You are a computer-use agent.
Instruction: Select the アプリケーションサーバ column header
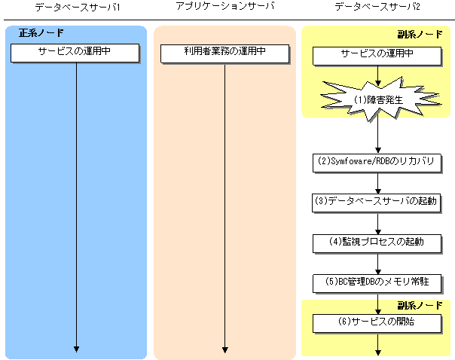pyautogui.click(x=224, y=7)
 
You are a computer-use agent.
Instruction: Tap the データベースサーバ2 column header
pyautogui.click(x=377, y=7)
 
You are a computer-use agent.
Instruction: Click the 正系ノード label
pyautogui.click(x=41, y=34)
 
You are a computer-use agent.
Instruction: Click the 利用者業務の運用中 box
pyautogui.click(x=224, y=53)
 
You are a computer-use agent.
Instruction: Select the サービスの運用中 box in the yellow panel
pyautogui.click(x=377, y=55)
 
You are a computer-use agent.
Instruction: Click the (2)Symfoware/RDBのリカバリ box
pyautogui.click(x=377, y=162)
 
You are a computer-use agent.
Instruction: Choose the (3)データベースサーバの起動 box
pyautogui.click(x=377, y=202)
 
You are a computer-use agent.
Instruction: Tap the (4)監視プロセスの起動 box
pyautogui.click(x=377, y=242)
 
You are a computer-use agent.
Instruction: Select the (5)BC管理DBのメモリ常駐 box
pyautogui.click(x=377, y=282)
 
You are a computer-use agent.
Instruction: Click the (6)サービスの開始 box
pyautogui.click(x=377, y=322)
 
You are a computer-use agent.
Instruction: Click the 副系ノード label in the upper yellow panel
pyautogui.click(x=420, y=35)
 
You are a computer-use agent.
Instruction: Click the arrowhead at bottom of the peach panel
pyautogui.click(x=224, y=348)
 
